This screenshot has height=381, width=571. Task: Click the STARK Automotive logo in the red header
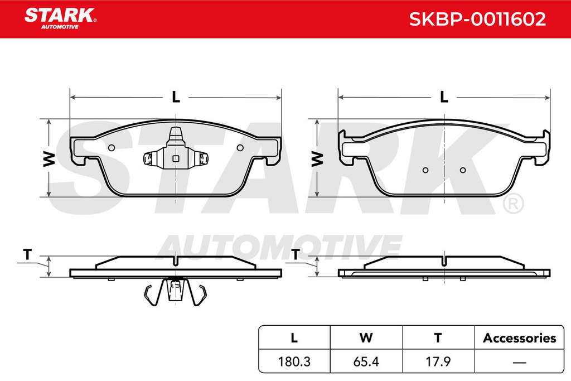coord(60,18)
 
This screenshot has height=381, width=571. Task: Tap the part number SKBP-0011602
coord(477,19)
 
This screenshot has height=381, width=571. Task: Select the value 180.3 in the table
coord(294,361)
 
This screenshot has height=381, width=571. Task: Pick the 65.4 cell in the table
coord(366,361)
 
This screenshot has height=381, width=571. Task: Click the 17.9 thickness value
coord(438,361)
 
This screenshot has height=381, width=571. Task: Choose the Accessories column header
coord(519,338)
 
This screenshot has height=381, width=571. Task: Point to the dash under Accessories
coord(519,363)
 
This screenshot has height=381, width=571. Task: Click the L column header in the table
coord(294,338)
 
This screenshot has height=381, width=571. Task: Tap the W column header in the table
coord(366,338)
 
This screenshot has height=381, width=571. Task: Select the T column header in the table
coord(438,338)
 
